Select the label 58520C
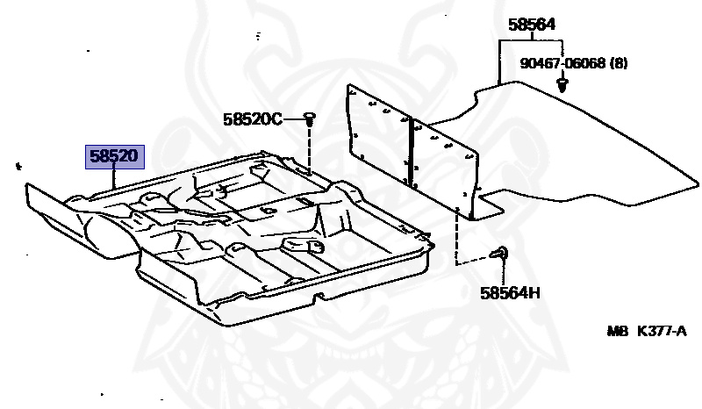253,118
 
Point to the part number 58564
532,25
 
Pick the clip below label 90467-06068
562,85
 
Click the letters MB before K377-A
618,332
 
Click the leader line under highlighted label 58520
115,179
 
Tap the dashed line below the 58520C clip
311,149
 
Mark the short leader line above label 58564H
505,274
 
